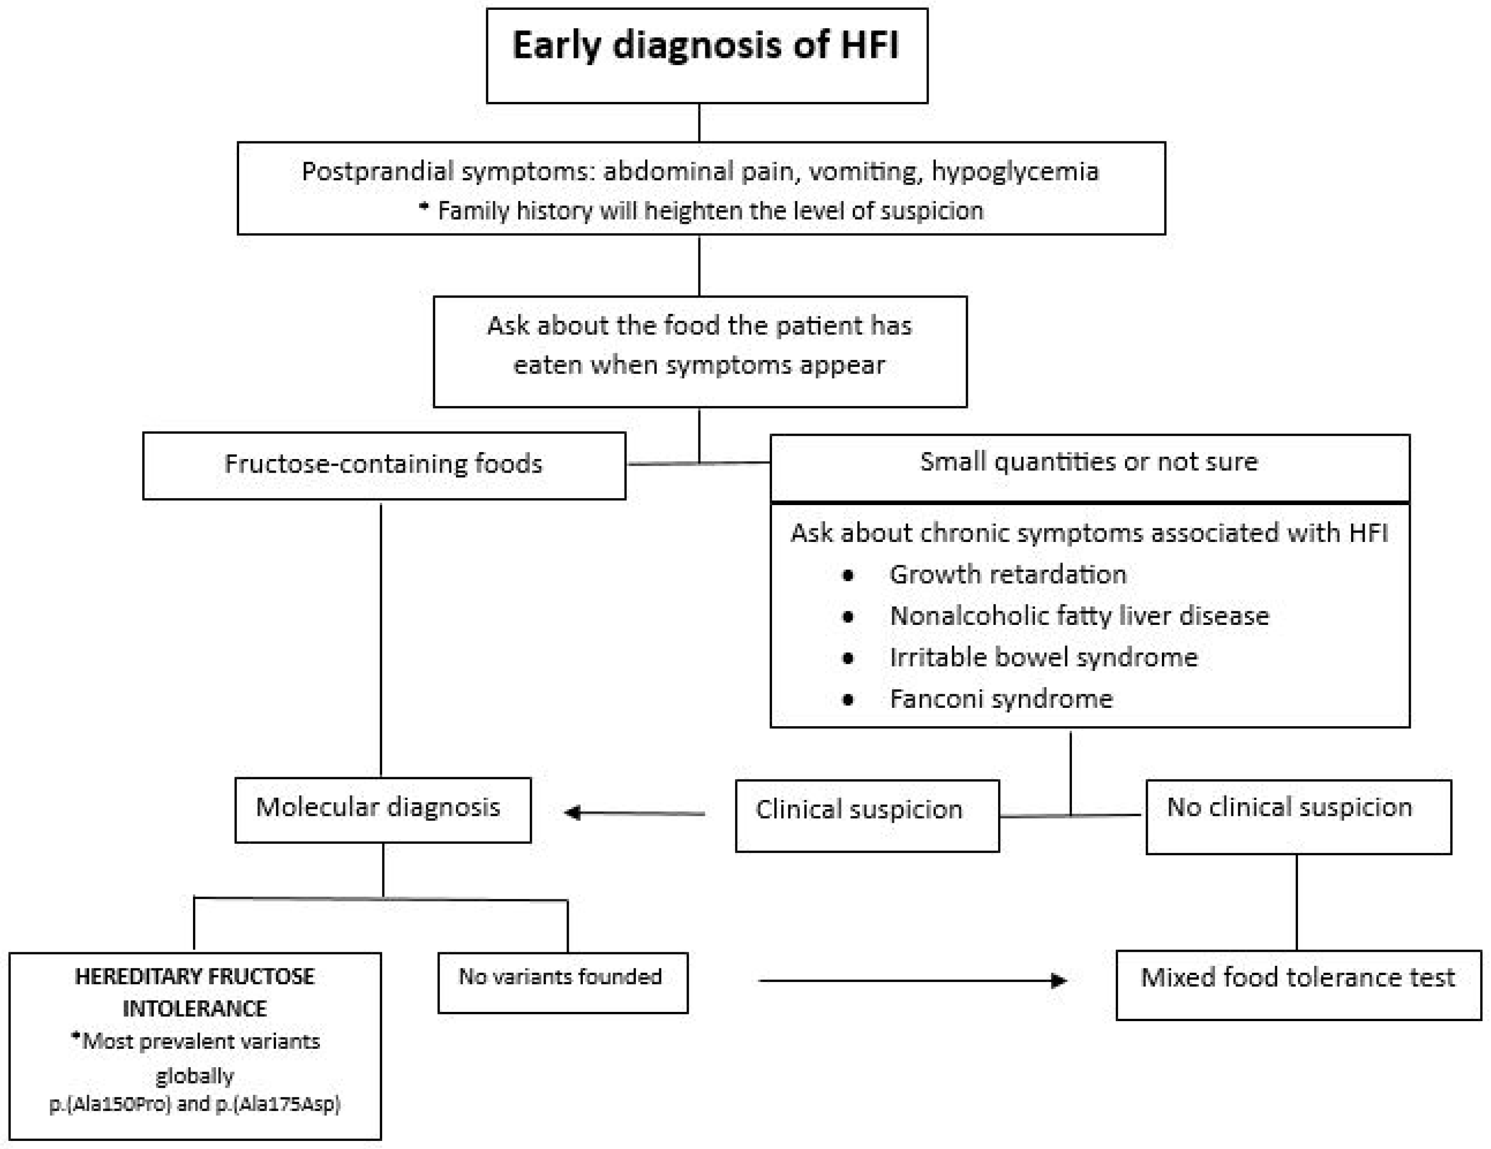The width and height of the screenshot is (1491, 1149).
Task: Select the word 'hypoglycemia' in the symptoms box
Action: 1015,171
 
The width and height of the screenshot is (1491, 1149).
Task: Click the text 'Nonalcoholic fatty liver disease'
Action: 1078,616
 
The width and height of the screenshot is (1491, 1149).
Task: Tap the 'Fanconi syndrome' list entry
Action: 1001,699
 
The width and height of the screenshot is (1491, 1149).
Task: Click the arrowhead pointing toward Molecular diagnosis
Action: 574,812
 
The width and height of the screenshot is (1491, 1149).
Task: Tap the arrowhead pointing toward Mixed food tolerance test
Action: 1058,980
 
